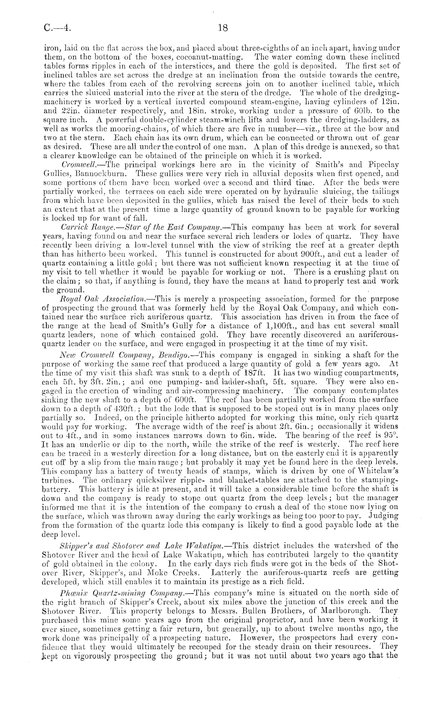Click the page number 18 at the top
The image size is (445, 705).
click(222, 28)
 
